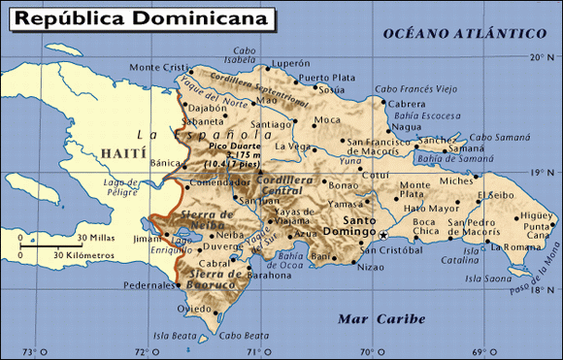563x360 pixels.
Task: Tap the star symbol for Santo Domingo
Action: pyautogui.click(x=383, y=236)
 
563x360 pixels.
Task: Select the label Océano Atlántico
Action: pyautogui.click(x=463, y=34)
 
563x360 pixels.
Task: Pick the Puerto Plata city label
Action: pyautogui.click(x=326, y=78)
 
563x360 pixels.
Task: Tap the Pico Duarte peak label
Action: pyautogui.click(x=230, y=146)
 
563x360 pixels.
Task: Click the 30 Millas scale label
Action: pyautogui.click(x=96, y=238)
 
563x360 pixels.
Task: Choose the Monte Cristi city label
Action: pyautogui.click(x=159, y=67)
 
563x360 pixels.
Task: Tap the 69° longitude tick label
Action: pyautogui.click(x=478, y=351)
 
